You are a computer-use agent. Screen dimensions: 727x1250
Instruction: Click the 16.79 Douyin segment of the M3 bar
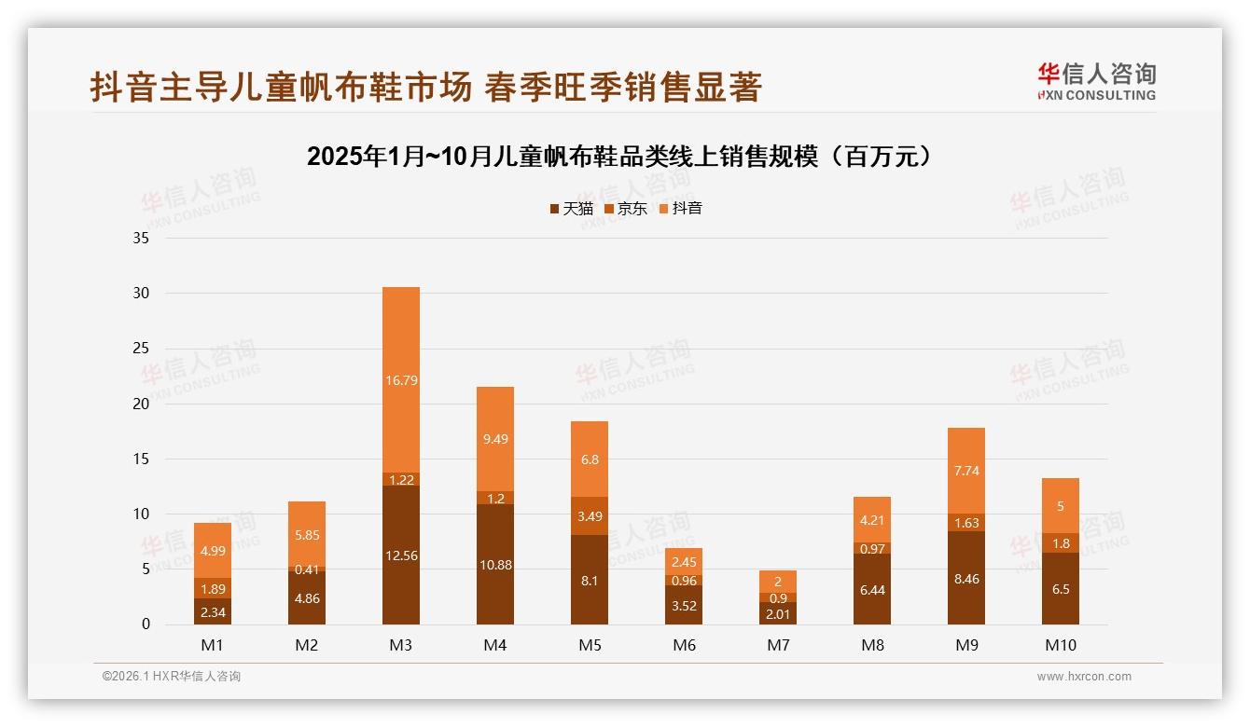(x=401, y=379)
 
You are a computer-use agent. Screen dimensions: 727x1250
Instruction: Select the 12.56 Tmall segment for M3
(x=401, y=556)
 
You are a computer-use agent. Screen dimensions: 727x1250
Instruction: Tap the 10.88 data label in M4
(x=495, y=565)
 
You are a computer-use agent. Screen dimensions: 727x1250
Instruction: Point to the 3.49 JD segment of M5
(x=590, y=515)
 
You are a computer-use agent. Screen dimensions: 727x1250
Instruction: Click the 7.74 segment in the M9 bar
(x=966, y=471)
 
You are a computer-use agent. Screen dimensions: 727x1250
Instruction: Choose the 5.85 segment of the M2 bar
(x=307, y=535)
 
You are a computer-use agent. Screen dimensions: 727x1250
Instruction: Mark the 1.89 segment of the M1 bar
(x=213, y=588)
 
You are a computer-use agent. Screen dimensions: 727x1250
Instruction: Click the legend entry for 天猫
(x=572, y=209)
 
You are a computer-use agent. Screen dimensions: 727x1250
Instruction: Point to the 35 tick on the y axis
(x=141, y=238)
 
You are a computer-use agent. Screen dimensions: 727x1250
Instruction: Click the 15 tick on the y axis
(x=141, y=459)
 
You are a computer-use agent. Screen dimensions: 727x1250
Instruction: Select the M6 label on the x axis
(x=684, y=645)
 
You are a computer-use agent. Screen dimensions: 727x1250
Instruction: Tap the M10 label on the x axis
(x=1060, y=645)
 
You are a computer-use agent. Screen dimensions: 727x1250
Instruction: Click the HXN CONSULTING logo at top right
(x=1096, y=82)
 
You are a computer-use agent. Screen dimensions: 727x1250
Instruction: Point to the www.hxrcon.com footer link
(x=1084, y=677)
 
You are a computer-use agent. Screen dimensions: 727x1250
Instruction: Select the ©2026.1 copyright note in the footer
(x=172, y=677)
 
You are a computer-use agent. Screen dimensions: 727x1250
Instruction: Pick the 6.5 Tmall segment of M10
(x=1061, y=589)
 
